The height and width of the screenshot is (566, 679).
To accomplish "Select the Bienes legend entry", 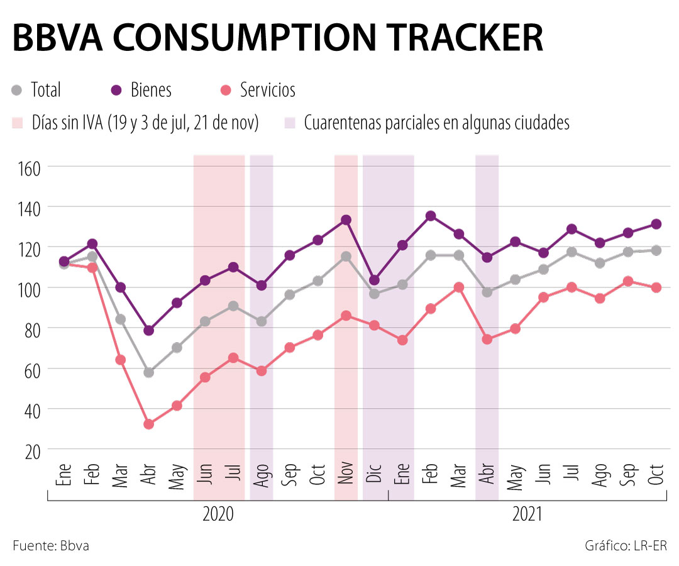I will (151, 90).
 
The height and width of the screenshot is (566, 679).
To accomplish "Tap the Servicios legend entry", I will (267, 90).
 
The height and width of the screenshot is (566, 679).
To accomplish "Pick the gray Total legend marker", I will (18, 91).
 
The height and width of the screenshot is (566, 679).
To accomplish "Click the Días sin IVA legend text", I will (145, 123).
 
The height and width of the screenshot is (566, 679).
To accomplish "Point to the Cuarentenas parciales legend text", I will (436, 123).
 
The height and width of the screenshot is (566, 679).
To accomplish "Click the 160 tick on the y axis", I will (26, 167).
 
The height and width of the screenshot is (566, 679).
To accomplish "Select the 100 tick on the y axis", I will (26, 289).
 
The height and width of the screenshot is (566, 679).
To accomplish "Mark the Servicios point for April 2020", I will (149, 424).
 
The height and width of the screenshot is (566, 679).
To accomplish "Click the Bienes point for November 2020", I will (346, 220).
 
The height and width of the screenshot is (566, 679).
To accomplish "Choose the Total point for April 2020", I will (149, 372).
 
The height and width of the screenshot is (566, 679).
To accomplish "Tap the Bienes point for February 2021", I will (431, 216).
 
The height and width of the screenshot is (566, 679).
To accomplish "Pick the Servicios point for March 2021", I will (459, 287).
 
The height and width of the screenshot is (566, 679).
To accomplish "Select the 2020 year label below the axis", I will (218, 514).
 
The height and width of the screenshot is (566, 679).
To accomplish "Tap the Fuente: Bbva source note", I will (51, 545).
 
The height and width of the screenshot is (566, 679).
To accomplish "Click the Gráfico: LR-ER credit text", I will (626, 545).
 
